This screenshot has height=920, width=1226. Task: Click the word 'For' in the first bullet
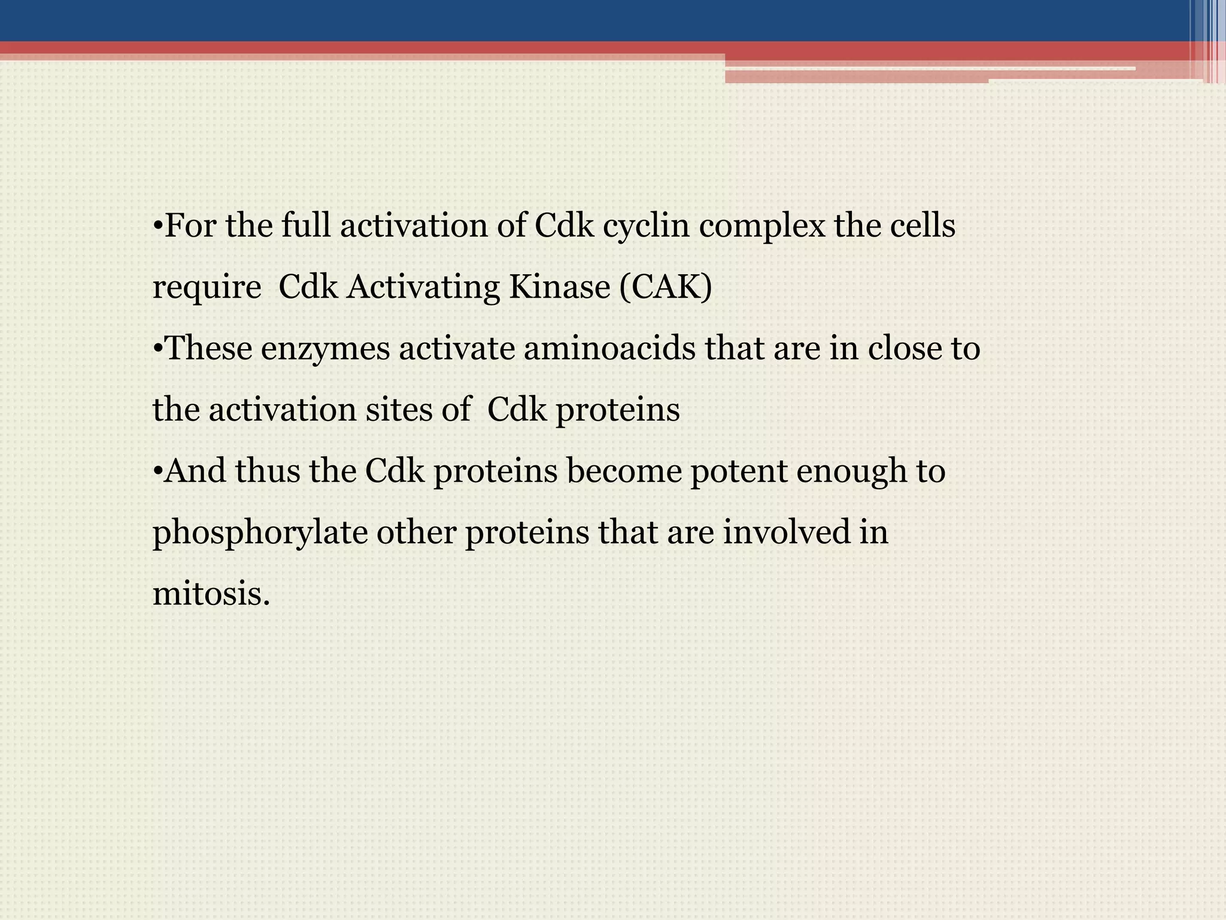click(x=189, y=226)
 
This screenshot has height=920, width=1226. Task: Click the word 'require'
click(x=207, y=288)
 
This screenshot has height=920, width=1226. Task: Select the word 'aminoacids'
click(x=609, y=349)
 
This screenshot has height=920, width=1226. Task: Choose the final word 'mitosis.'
click(x=211, y=595)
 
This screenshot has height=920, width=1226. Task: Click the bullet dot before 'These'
click(x=157, y=349)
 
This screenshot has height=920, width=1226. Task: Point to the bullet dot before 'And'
click(x=157, y=471)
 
